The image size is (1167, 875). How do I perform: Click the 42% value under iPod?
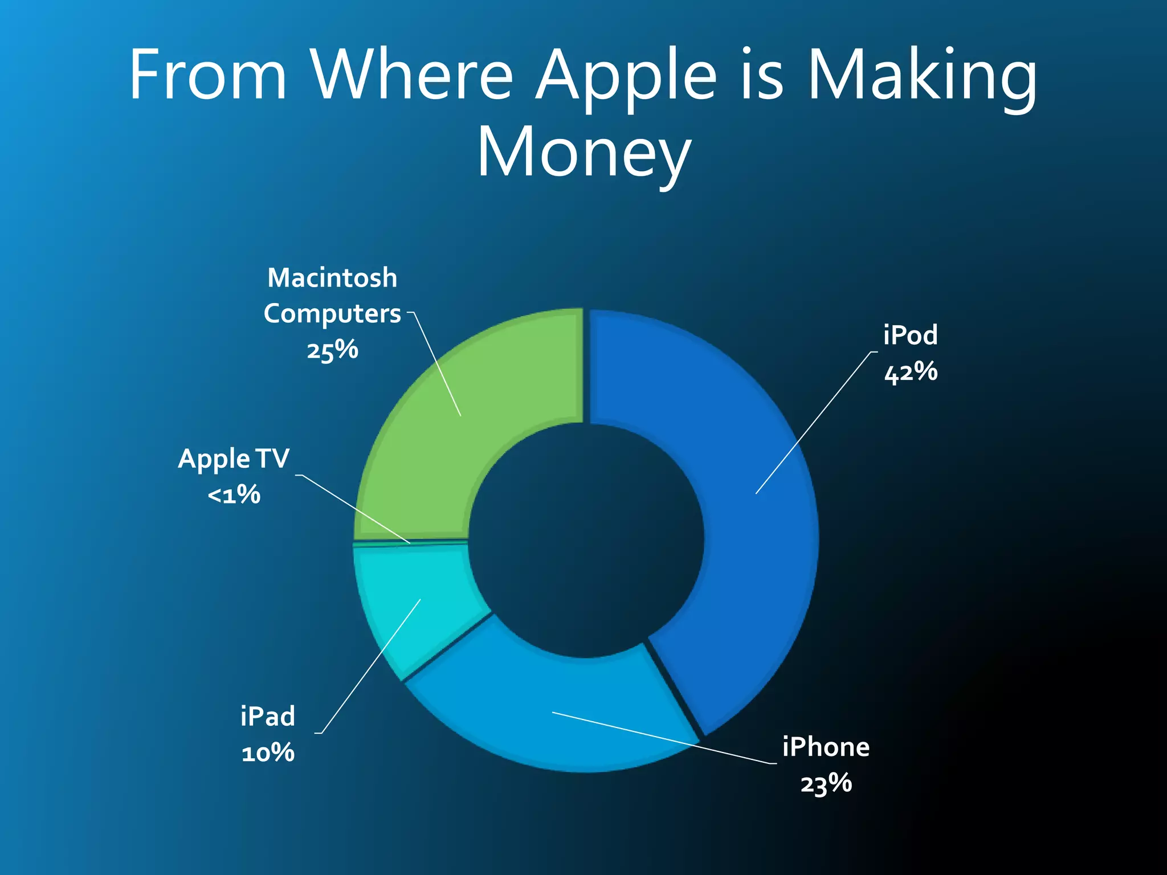(911, 372)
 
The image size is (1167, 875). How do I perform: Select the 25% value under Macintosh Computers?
(332, 350)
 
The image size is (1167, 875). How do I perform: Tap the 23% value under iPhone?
(826, 784)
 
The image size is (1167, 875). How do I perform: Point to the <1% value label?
(234, 494)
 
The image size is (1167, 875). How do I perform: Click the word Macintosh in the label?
(332, 278)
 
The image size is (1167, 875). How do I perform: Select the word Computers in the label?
(332, 314)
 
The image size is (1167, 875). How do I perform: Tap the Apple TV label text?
(234, 459)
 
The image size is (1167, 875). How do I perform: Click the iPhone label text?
(826, 747)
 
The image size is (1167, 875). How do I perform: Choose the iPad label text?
(268, 716)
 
